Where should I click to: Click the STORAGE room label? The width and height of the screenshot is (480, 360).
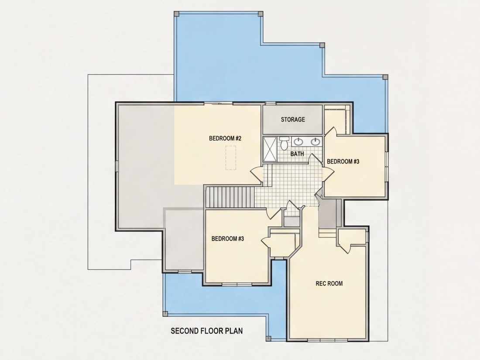293,120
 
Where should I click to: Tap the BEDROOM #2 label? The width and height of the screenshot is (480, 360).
225,138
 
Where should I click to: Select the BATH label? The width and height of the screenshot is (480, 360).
297,154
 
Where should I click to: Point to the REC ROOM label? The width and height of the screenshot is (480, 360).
329,284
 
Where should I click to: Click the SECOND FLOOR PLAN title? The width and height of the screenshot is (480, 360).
207,331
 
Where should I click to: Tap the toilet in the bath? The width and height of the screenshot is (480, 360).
284,143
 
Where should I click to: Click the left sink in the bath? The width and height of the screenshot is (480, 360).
298,141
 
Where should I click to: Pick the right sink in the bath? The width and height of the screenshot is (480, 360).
315,141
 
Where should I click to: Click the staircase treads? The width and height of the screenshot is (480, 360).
230,196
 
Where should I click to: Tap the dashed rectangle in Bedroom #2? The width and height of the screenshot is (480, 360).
231,158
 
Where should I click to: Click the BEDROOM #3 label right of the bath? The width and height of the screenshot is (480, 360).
343,161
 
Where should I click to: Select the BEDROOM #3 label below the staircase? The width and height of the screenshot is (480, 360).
227,238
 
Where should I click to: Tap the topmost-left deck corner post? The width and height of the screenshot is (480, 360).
176,14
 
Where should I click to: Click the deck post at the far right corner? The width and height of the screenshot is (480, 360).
385,76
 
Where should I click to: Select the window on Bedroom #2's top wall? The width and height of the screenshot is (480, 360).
218,103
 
